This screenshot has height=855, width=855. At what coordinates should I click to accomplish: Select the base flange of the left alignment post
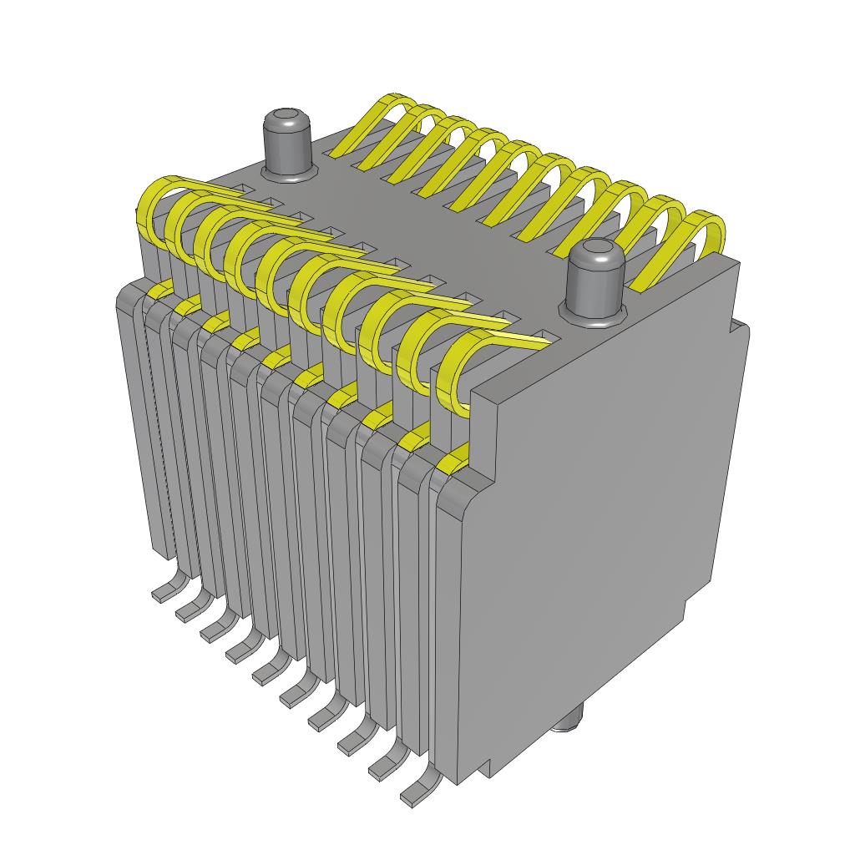click(289, 172)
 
